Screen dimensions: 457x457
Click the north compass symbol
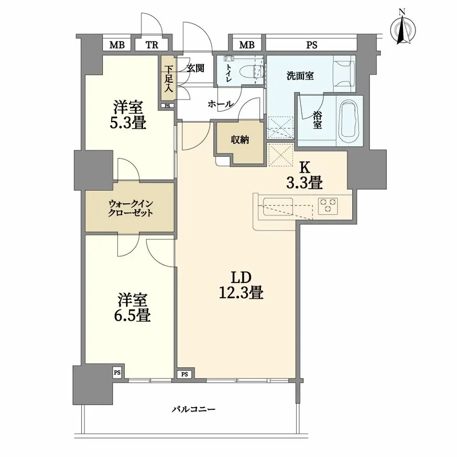point(402,28)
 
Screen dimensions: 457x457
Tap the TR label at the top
point(152,45)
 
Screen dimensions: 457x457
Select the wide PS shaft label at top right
point(311,45)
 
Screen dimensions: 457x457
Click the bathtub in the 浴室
point(349,120)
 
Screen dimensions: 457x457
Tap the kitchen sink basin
point(278,206)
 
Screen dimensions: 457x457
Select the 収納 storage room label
point(240,140)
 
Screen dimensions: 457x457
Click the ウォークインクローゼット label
point(130,208)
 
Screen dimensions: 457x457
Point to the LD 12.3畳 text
point(241,285)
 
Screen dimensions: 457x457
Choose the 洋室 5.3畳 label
point(128,115)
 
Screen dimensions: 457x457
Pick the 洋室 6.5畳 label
point(132,307)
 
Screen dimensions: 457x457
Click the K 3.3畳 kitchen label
point(304,176)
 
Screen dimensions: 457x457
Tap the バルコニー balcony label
point(193,409)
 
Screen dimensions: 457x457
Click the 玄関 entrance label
point(195,68)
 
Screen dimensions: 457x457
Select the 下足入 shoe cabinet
point(168,79)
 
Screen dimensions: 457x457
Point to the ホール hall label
point(220,103)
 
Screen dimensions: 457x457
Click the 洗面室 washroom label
point(300,76)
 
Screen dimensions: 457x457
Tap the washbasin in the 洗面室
point(344,73)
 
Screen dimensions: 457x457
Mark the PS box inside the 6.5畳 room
point(117,373)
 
